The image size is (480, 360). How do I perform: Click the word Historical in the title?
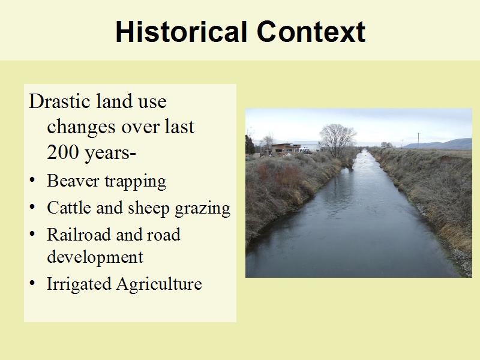(181, 32)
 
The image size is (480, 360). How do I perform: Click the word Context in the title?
(311, 32)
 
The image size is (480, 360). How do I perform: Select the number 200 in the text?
(63, 152)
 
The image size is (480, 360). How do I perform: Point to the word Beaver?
(73, 181)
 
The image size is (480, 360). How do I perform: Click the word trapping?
(136, 182)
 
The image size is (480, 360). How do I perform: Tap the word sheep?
(148, 209)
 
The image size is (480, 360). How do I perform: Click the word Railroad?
(79, 235)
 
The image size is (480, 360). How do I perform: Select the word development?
(95, 257)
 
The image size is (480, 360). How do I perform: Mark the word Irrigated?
(79, 284)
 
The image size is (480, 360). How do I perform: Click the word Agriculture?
(159, 284)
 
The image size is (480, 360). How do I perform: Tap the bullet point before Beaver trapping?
(32, 180)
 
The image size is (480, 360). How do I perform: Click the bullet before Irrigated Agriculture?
(32, 283)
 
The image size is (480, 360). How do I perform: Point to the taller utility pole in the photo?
(418, 140)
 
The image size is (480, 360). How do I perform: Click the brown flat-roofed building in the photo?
(284, 148)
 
